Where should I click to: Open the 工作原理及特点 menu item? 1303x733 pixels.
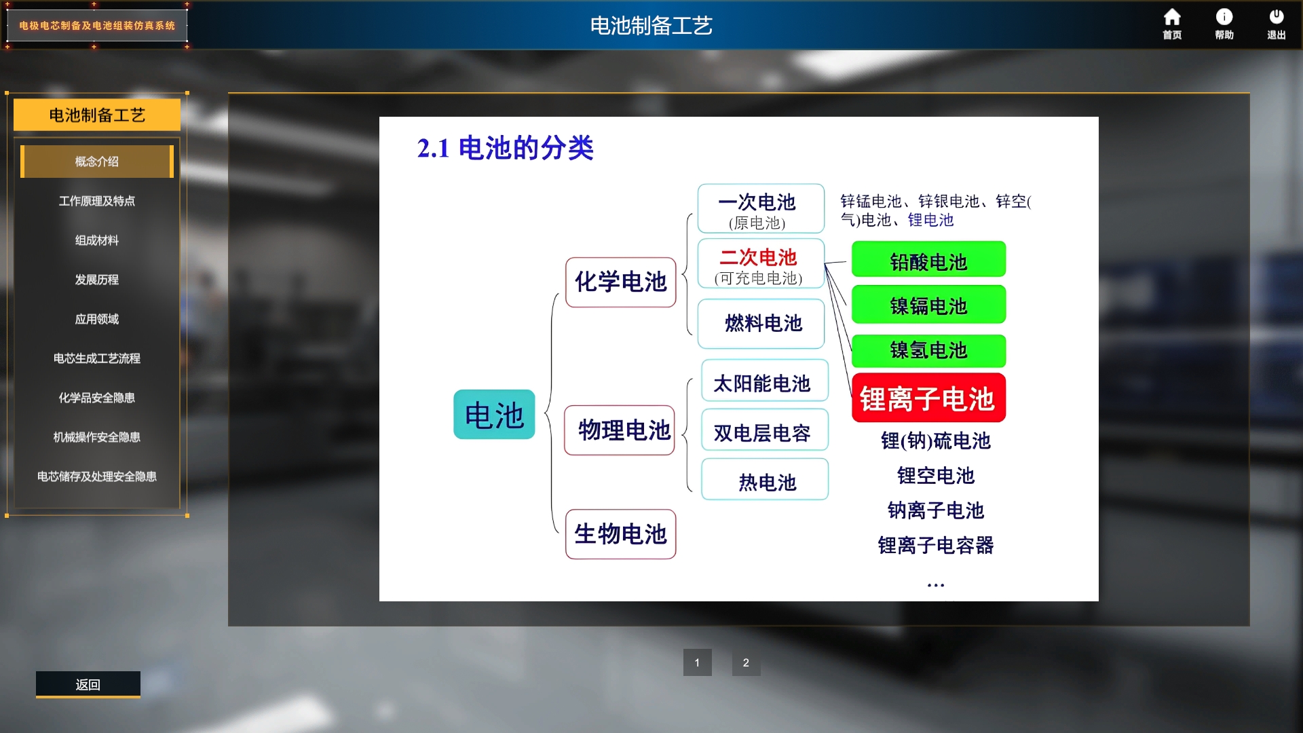(x=97, y=201)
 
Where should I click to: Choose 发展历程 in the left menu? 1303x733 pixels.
(x=97, y=280)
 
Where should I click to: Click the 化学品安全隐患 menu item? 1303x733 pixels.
(x=97, y=398)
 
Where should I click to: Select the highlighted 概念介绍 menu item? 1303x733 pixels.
(x=97, y=162)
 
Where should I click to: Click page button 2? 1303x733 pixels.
(x=746, y=662)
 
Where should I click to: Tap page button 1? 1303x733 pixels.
(x=697, y=662)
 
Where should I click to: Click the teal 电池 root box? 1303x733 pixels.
(x=494, y=415)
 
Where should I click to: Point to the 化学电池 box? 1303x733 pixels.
(x=621, y=282)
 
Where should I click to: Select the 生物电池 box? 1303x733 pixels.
(x=621, y=534)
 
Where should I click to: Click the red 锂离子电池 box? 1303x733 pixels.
(x=928, y=398)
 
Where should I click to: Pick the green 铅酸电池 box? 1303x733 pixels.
(x=928, y=260)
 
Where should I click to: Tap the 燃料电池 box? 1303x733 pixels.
(x=761, y=324)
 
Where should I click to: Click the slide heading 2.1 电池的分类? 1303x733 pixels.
(x=506, y=148)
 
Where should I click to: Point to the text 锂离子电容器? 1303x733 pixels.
(x=936, y=545)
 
